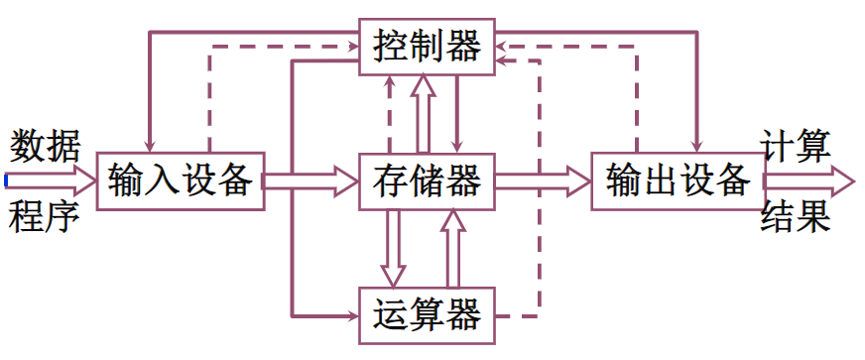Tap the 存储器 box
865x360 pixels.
tap(428, 181)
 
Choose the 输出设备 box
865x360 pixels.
tap(678, 181)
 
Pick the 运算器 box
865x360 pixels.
tap(428, 316)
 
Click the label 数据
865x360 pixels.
tap(46, 146)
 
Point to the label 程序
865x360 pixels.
tap(46, 217)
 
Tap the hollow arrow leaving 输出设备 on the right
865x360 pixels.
tap(808, 181)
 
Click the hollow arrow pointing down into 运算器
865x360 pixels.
tap(394, 248)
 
